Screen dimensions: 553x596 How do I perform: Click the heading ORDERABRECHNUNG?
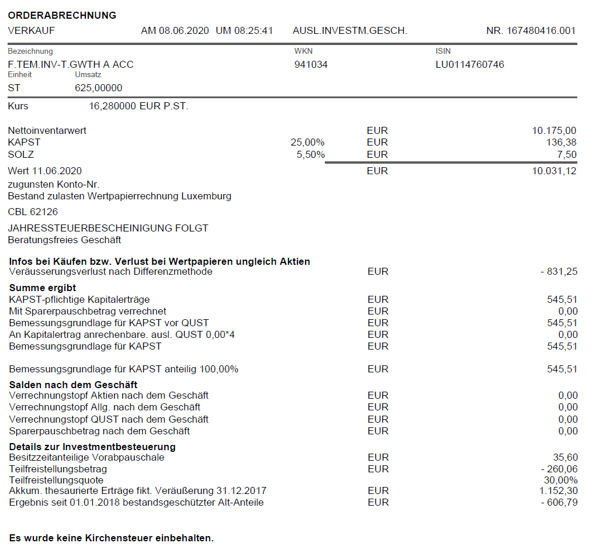pyautogui.click(x=62, y=15)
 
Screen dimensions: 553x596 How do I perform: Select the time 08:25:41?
pyautogui.click(x=254, y=30)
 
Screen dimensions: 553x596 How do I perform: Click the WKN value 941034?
pyautogui.click(x=311, y=64)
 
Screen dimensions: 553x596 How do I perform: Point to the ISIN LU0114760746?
pyautogui.click(x=470, y=64)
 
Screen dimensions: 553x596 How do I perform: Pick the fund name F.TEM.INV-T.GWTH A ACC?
pyautogui.click(x=71, y=64)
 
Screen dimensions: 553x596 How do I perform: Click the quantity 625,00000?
pyautogui.click(x=99, y=88)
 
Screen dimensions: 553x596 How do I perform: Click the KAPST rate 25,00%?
pyautogui.click(x=307, y=142)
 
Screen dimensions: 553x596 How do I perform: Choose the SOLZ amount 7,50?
pyautogui.click(x=567, y=154)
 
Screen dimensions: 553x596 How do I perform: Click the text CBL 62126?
pyautogui.click(x=33, y=212)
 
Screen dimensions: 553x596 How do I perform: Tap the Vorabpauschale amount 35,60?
pyautogui.click(x=566, y=457)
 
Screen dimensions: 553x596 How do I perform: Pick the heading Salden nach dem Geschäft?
pyautogui.click(x=73, y=384)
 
